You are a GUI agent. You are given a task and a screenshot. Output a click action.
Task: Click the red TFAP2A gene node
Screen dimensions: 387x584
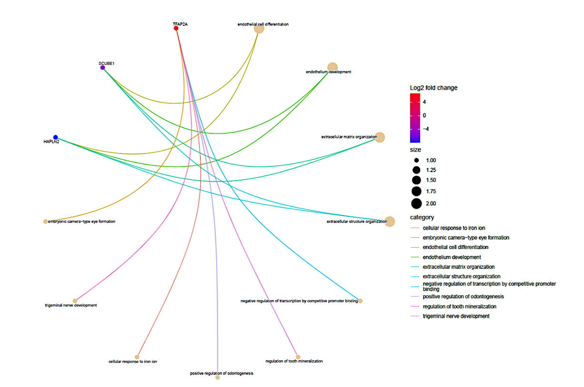coord(176,29)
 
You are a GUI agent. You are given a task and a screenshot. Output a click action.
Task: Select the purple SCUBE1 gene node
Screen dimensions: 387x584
coord(103,68)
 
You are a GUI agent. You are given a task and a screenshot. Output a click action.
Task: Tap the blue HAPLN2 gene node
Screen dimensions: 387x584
coord(56,137)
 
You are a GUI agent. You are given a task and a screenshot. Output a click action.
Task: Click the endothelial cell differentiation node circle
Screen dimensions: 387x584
coord(259,28)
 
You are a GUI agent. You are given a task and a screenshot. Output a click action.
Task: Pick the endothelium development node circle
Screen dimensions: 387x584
coord(332,68)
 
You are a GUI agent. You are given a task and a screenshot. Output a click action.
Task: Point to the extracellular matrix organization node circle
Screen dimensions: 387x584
coord(380,137)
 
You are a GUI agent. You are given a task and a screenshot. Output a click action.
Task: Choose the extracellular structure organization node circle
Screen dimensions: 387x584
coord(390,222)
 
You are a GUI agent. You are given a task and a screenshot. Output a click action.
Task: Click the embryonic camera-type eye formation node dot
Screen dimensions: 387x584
coord(45,222)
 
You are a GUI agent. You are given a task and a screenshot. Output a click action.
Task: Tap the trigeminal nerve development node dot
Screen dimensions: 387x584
coord(75,301)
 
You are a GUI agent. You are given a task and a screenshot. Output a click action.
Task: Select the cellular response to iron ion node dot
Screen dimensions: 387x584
coord(137,357)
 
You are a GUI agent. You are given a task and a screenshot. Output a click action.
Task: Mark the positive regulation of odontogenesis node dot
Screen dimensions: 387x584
coord(218,377)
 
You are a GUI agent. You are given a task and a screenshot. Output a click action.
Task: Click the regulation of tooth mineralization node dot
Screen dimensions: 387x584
coord(298,357)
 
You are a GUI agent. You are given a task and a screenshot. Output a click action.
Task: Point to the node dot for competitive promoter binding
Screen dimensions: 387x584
coord(361,301)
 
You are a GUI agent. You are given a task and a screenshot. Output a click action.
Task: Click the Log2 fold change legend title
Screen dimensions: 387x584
coord(433,88)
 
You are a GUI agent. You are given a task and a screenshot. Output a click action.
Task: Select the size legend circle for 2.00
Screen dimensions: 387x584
coord(416,204)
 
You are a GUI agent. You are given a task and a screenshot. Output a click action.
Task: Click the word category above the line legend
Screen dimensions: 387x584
coord(422,217)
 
